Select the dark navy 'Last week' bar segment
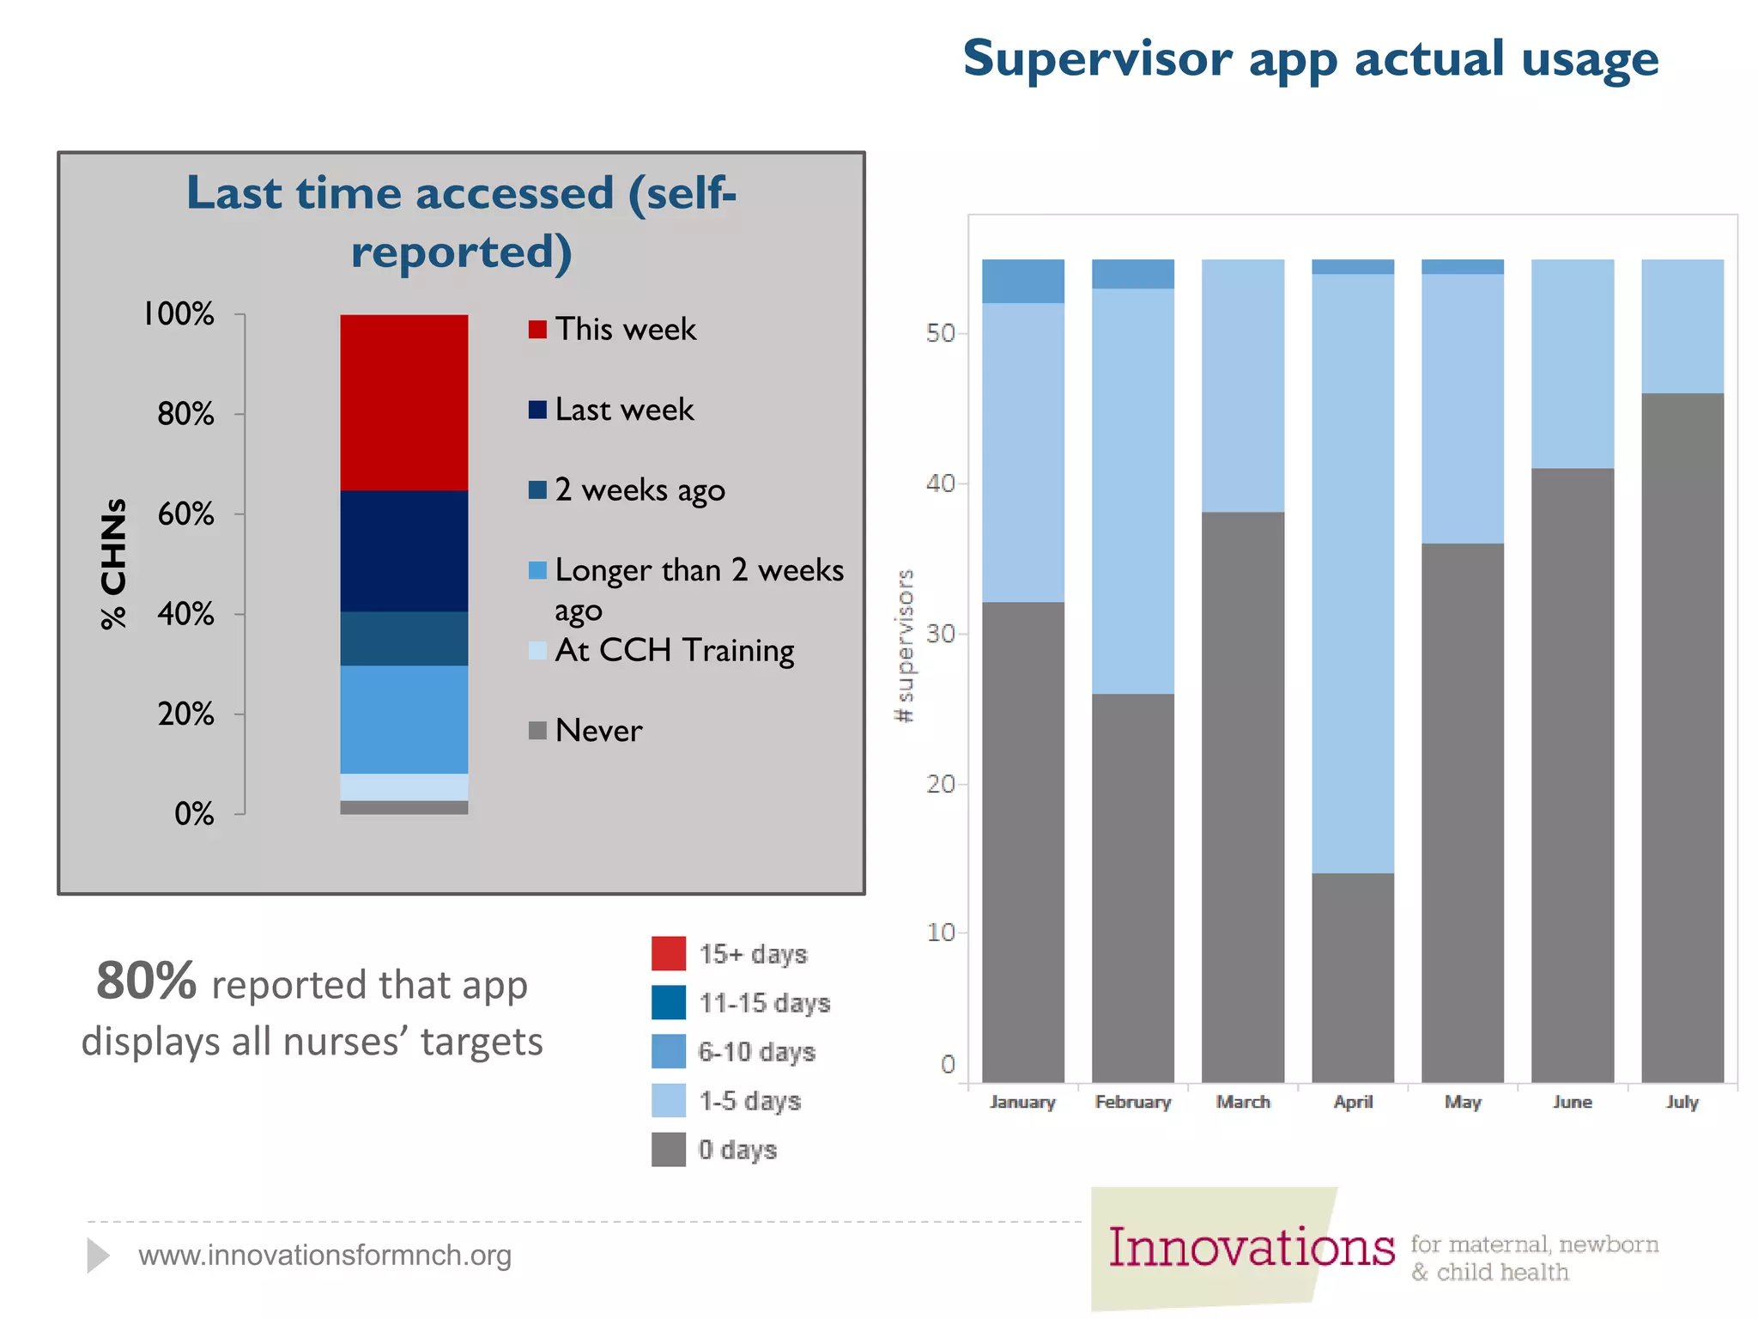click(x=403, y=550)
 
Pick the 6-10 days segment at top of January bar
click(x=1022, y=281)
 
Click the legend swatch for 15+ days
click(x=668, y=953)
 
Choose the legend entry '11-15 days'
click(x=764, y=1003)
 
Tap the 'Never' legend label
click(x=598, y=731)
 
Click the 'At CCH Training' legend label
click(x=674, y=650)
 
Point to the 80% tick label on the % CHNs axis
click(x=185, y=414)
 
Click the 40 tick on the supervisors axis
click(x=940, y=483)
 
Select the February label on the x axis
click(x=1132, y=1102)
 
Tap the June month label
click(x=1572, y=1102)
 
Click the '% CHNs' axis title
click(x=113, y=563)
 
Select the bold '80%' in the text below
click(x=146, y=981)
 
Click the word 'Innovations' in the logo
click(x=1251, y=1248)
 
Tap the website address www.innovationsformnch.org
click(x=324, y=1255)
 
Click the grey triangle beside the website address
click(x=98, y=1255)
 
